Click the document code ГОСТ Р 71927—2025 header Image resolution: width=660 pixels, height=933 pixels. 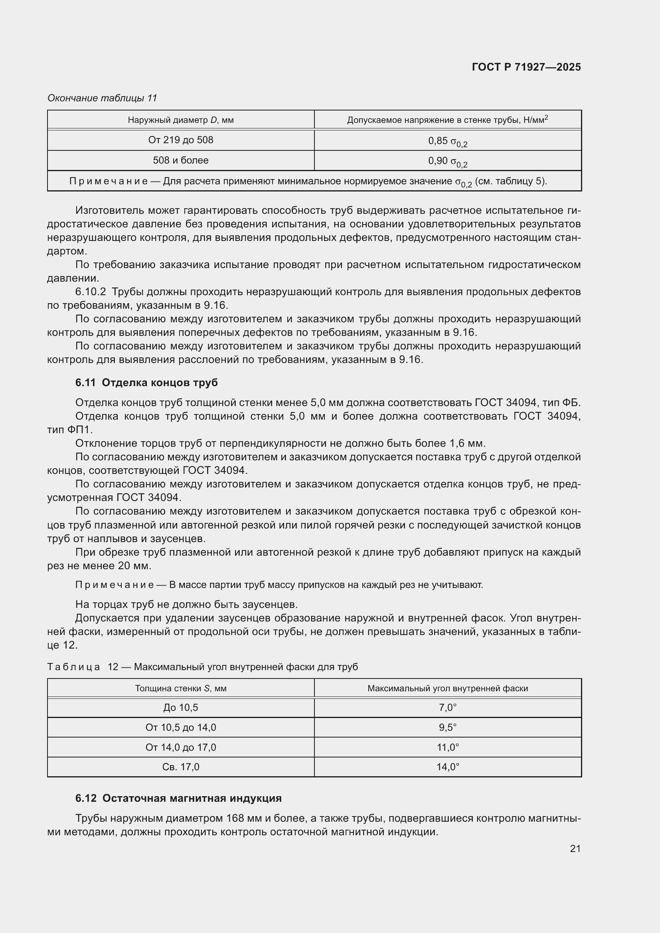point(526,67)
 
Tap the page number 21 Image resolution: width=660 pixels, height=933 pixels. point(575,848)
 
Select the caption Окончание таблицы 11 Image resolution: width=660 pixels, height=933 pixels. point(102,98)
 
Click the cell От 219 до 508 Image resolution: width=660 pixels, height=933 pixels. point(180,140)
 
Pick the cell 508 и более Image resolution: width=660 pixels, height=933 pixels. point(180,160)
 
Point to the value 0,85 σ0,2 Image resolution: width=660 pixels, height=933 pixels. point(447,141)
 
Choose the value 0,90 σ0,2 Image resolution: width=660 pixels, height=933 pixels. point(447,161)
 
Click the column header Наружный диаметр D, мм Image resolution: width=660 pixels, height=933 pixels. point(180,120)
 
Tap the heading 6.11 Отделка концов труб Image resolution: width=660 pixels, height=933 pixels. point(146,383)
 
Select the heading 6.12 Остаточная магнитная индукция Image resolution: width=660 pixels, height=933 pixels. point(178,798)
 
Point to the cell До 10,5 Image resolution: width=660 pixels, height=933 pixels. point(180,708)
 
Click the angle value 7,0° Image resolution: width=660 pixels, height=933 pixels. point(447,708)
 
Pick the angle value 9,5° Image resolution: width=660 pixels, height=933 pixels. point(447,728)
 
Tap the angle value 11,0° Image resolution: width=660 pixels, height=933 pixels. point(447,747)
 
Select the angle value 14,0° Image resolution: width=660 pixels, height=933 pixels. point(447,767)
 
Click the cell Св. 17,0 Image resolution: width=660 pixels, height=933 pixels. point(180,767)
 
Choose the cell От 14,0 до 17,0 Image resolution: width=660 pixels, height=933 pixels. point(180,747)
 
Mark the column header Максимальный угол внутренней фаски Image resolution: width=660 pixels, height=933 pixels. point(447,688)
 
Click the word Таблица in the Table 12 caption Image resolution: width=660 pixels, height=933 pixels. point(73,667)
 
